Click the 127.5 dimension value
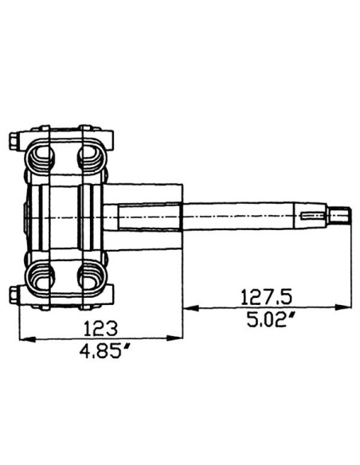pos(266,298)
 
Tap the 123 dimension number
pos(101,328)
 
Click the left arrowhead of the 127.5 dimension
pos(191,308)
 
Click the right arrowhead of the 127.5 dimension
pos(343,307)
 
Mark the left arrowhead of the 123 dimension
pos(27,338)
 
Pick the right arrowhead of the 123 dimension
pos(174,338)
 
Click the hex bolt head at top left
pos(14,140)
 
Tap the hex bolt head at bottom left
pos(14,295)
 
